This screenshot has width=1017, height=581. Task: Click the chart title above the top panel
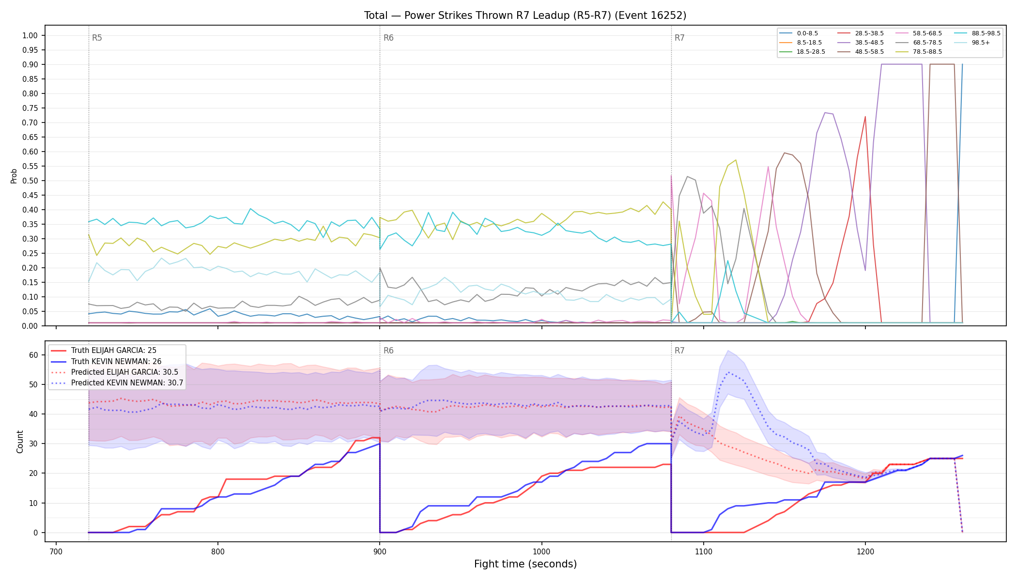tap(525, 15)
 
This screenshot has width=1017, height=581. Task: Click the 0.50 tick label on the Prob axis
tap(30, 181)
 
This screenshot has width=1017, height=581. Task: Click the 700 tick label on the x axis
tap(56, 551)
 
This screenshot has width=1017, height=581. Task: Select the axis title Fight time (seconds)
tap(525, 564)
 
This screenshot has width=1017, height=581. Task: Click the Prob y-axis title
tap(14, 176)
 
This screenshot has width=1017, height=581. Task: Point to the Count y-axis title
tap(20, 442)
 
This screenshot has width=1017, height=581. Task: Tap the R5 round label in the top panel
tap(97, 38)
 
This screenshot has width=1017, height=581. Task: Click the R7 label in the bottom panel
tap(679, 351)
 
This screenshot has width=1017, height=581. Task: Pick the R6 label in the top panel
tap(388, 38)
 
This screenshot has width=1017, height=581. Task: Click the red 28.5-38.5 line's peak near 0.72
tap(865, 117)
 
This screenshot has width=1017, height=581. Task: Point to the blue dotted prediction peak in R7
tap(728, 372)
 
